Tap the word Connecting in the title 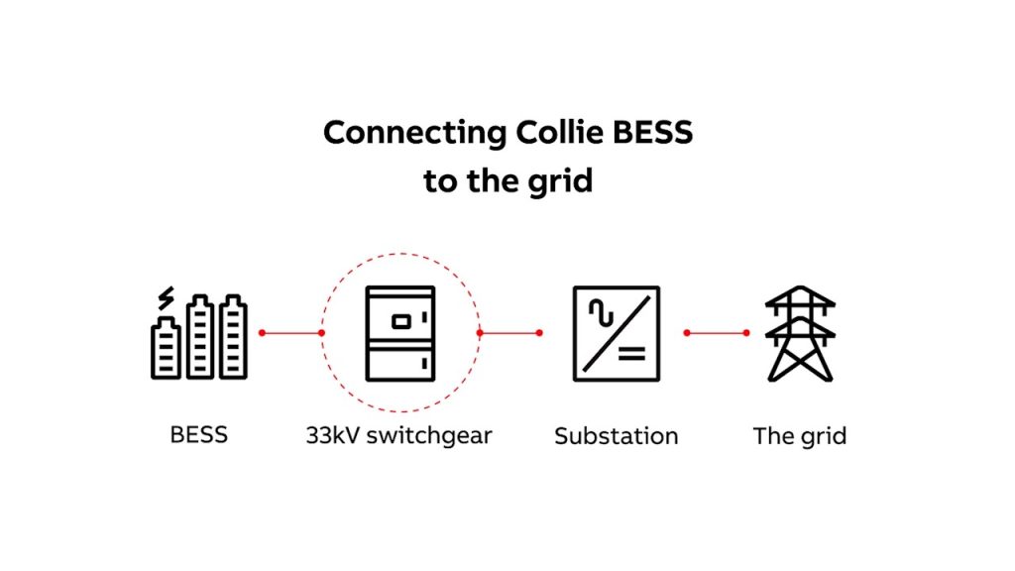[x=409, y=133]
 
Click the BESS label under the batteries [x=199, y=434]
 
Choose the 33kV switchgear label [x=398, y=435]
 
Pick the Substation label [x=616, y=435]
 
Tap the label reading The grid [x=800, y=435]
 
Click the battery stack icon [x=199, y=336]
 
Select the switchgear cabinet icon [x=400, y=333]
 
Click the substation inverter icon [x=616, y=333]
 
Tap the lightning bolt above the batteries [x=166, y=297]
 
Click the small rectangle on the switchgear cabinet [x=400, y=320]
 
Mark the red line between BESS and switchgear [x=291, y=333]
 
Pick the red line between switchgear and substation [x=509, y=333]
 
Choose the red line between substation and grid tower [x=716, y=333]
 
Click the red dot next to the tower [x=746, y=333]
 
